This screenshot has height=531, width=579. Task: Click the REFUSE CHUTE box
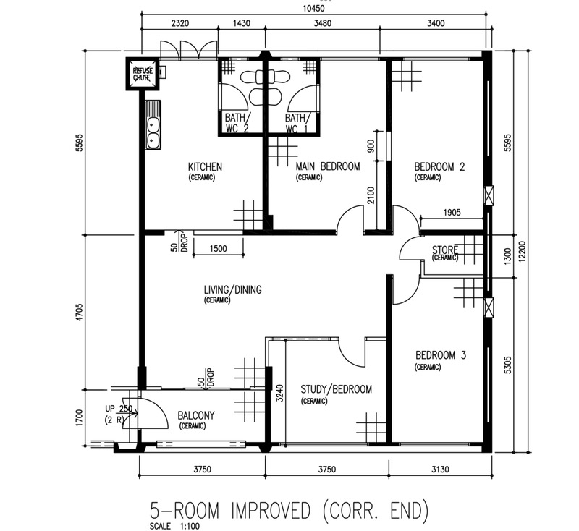point(143,74)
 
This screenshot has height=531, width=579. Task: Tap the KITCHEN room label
point(206,167)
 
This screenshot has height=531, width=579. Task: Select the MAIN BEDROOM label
point(328,166)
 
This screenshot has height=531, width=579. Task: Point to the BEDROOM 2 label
point(439,167)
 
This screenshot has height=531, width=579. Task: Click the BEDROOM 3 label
point(441,355)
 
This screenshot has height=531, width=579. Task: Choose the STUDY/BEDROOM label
point(336,389)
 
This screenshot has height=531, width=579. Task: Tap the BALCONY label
point(196,415)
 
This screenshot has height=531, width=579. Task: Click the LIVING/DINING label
point(232,289)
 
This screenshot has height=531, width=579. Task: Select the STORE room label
point(445,250)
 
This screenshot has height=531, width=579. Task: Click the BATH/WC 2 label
point(237,123)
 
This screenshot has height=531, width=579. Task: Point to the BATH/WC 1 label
point(297,123)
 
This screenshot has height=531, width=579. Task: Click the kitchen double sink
point(153,132)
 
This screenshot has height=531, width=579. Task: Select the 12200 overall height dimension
point(522,252)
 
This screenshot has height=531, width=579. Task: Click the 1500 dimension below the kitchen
point(219,248)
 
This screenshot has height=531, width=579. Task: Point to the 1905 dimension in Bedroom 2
point(452,212)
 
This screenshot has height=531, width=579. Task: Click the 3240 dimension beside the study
point(279,394)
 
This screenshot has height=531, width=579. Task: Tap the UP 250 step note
point(119,409)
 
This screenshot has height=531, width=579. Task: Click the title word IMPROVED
point(271,511)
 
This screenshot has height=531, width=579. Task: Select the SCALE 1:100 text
point(174,526)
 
